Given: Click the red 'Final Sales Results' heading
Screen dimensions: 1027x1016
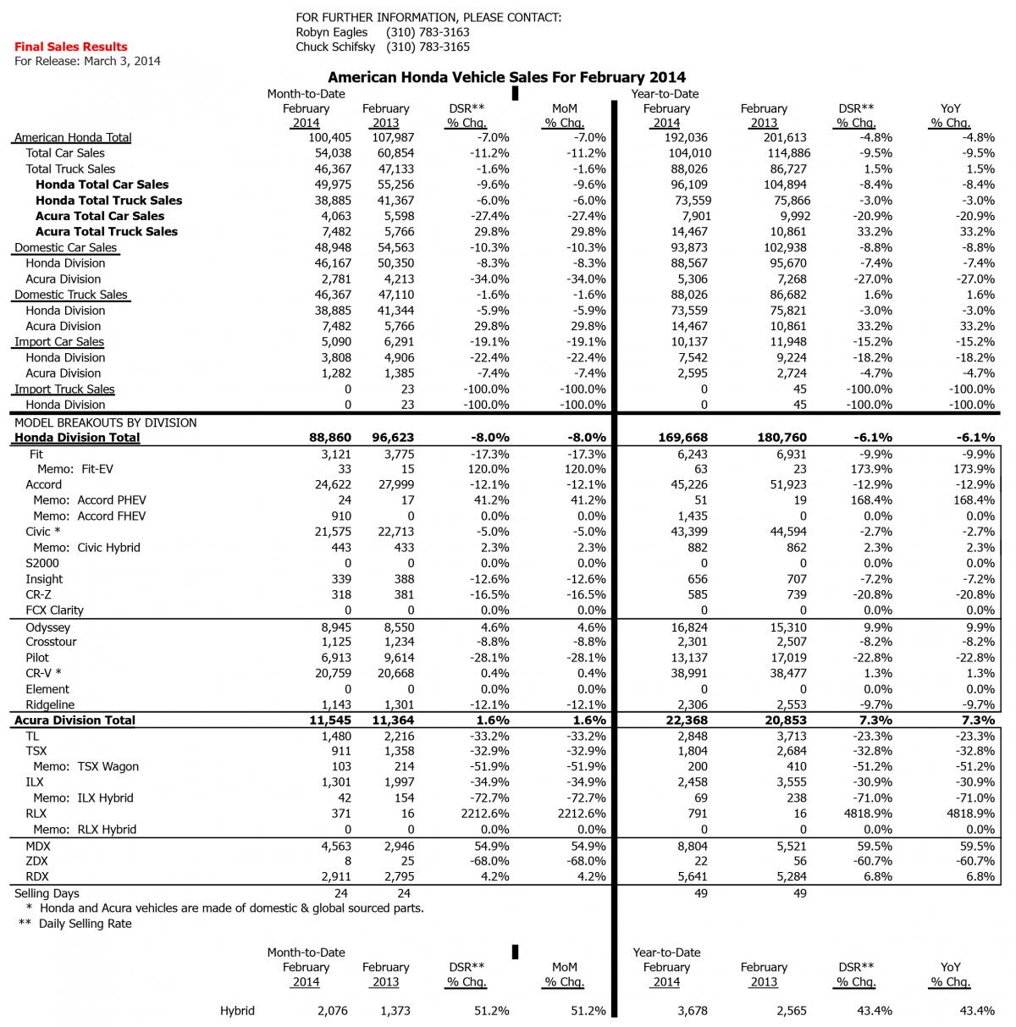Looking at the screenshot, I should click(70, 47).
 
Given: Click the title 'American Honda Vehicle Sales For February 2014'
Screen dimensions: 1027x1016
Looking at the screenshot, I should click(506, 77).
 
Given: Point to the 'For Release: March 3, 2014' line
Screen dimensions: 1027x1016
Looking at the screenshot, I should click(87, 61).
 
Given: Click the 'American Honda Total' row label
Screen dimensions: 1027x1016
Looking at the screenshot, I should click(73, 137).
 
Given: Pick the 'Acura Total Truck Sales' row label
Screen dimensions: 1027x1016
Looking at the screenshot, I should click(107, 231).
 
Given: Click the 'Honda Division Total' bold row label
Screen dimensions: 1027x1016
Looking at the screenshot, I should click(77, 438).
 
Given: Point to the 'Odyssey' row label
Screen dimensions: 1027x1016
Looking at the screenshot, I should click(47, 627).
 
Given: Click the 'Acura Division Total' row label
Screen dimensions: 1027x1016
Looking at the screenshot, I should click(75, 721).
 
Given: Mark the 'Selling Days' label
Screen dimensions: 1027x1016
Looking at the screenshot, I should click(47, 893).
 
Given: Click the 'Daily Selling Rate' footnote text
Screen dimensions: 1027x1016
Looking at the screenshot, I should click(85, 924).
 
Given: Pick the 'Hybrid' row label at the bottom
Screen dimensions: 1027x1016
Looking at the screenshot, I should click(237, 1011).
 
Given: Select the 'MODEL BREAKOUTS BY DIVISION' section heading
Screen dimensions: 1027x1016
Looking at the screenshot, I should click(105, 422).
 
